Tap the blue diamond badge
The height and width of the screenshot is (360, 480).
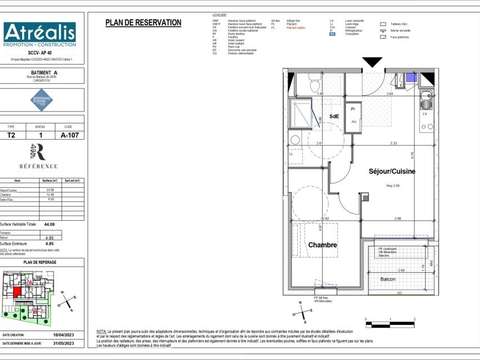[x=41, y=99]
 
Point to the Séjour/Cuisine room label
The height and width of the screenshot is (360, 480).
[x=391, y=172]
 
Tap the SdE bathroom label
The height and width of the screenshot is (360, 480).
[x=333, y=116]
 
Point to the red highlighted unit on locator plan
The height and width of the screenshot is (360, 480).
[x=18, y=293]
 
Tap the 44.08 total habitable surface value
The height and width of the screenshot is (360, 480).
[x=47, y=224]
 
